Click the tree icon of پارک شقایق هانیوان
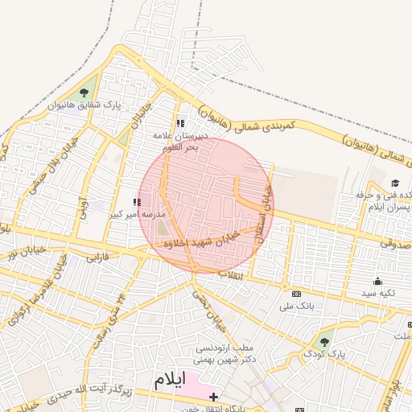click(x=85, y=93)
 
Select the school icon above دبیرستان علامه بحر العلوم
click(x=180, y=124)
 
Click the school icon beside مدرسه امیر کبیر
click(x=136, y=203)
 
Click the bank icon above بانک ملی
click(x=296, y=295)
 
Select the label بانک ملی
click(x=296, y=307)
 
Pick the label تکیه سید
click(x=377, y=293)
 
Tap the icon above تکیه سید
click(x=377, y=281)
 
